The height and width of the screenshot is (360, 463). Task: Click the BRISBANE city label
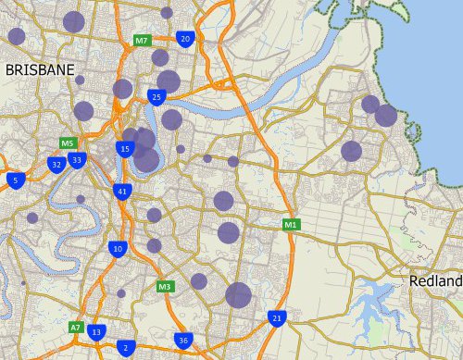pos(39,69)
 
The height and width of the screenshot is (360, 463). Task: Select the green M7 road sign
pos(142,41)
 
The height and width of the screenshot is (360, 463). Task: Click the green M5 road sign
pos(67,143)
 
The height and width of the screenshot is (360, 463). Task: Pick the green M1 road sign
pos(291,224)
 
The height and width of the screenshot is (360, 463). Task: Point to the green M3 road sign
pos(165,286)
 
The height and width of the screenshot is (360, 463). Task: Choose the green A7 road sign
pos(76,327)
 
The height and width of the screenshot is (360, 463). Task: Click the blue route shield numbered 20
pos(185,39)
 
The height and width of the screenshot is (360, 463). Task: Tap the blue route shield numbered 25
pos(156,96)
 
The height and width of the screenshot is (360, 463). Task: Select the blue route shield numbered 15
pos(125,149)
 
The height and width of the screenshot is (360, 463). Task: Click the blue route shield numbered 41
pos(122,192)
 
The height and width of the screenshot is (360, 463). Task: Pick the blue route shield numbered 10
pos(117,248)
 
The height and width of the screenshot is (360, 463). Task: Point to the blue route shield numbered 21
pos(276,318)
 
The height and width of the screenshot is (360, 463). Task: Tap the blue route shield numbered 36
pos(183,341)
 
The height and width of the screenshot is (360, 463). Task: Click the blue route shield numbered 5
pos(15,179)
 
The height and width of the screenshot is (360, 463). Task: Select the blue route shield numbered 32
pos(56,165)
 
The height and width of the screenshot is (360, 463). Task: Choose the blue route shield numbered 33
pos(78,160)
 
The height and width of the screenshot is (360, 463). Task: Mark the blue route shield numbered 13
pos(97,331)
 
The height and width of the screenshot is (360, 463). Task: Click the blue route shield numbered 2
pos(125,348)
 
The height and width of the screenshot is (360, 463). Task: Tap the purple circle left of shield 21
pos(238,295)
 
